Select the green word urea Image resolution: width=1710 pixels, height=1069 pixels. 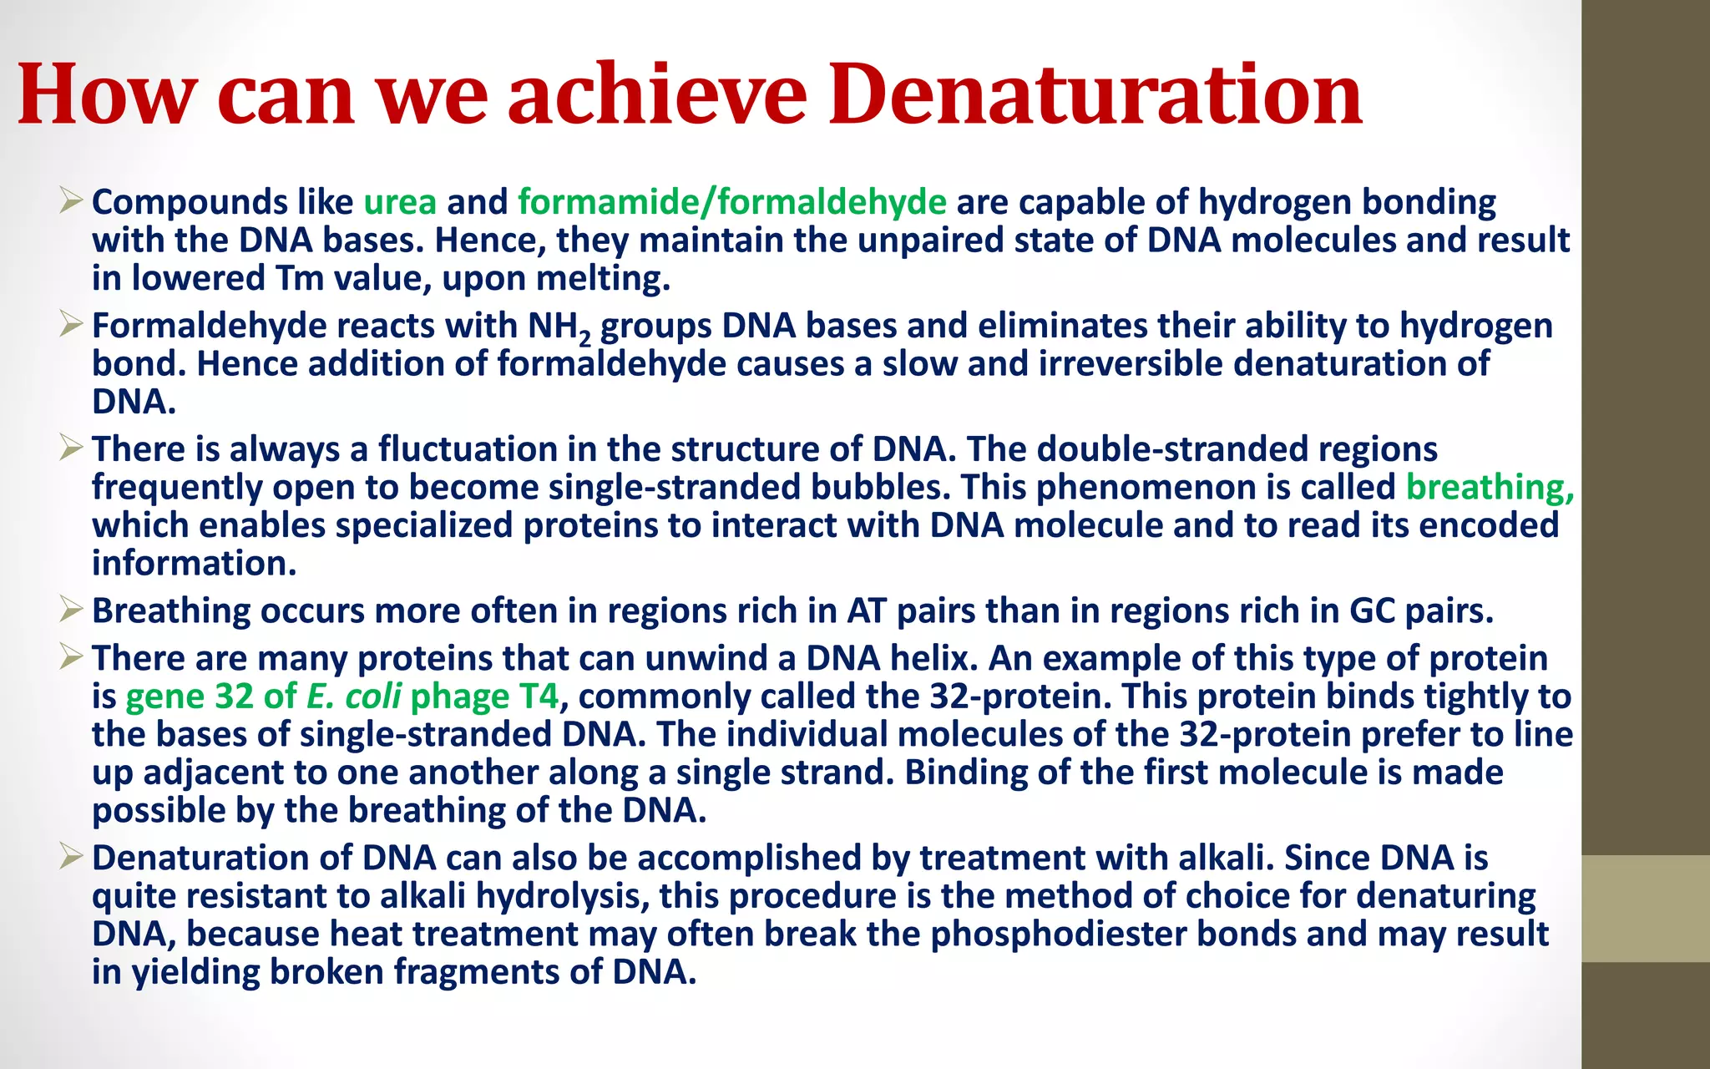coord(400,202)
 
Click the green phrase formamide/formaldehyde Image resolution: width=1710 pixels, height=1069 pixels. coord(731,202)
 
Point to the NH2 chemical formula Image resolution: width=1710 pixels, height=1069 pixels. coord(559,327)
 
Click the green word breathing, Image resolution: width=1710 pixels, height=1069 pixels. coord(1490,487)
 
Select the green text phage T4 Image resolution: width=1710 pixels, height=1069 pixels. coord(484,697)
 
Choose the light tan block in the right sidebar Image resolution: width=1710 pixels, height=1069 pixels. coord(1645,909)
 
